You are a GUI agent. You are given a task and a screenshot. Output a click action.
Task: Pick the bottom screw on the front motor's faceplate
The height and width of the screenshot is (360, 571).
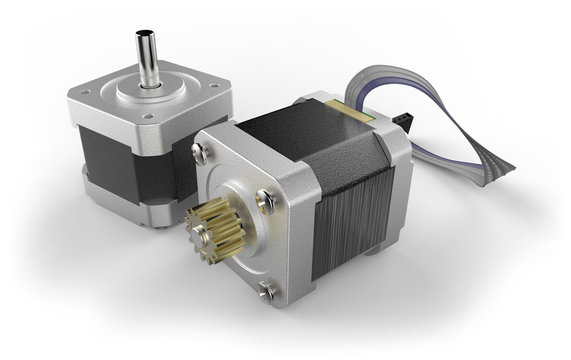[x=267, y=291]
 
